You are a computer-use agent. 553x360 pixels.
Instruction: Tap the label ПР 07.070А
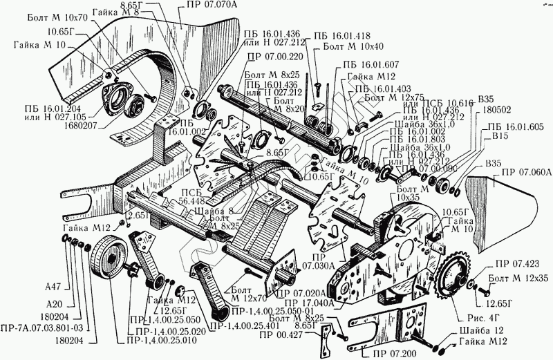(199, 5)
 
